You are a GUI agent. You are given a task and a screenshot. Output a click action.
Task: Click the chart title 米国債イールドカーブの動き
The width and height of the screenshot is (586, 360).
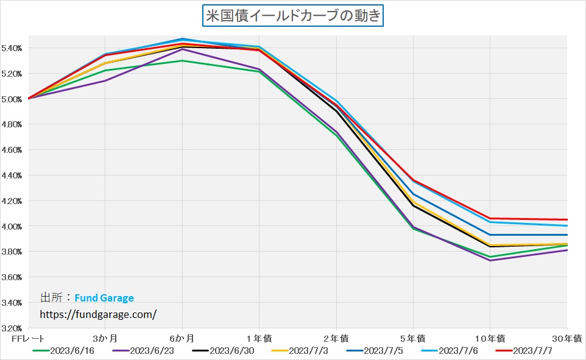293,15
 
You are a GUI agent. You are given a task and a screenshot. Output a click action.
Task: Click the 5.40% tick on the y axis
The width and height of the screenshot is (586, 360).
12,48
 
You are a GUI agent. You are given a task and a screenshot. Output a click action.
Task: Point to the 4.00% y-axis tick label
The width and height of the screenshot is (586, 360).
12,227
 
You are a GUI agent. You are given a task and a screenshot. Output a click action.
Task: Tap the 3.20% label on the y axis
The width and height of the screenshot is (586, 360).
12,328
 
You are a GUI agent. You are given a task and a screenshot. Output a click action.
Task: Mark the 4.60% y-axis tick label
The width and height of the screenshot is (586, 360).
12,150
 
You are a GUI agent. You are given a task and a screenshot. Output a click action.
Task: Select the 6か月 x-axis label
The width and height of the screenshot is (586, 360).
182,338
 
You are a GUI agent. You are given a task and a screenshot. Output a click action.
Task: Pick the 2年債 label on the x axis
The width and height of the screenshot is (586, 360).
336,338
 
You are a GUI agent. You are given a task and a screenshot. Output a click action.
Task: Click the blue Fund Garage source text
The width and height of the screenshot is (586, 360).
104,298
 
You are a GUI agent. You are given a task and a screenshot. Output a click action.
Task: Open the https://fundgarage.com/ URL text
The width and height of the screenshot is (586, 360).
98,314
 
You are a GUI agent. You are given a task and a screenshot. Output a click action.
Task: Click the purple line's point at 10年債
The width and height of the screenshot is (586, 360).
490,260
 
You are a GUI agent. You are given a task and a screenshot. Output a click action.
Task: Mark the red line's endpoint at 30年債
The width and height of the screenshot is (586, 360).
567,219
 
